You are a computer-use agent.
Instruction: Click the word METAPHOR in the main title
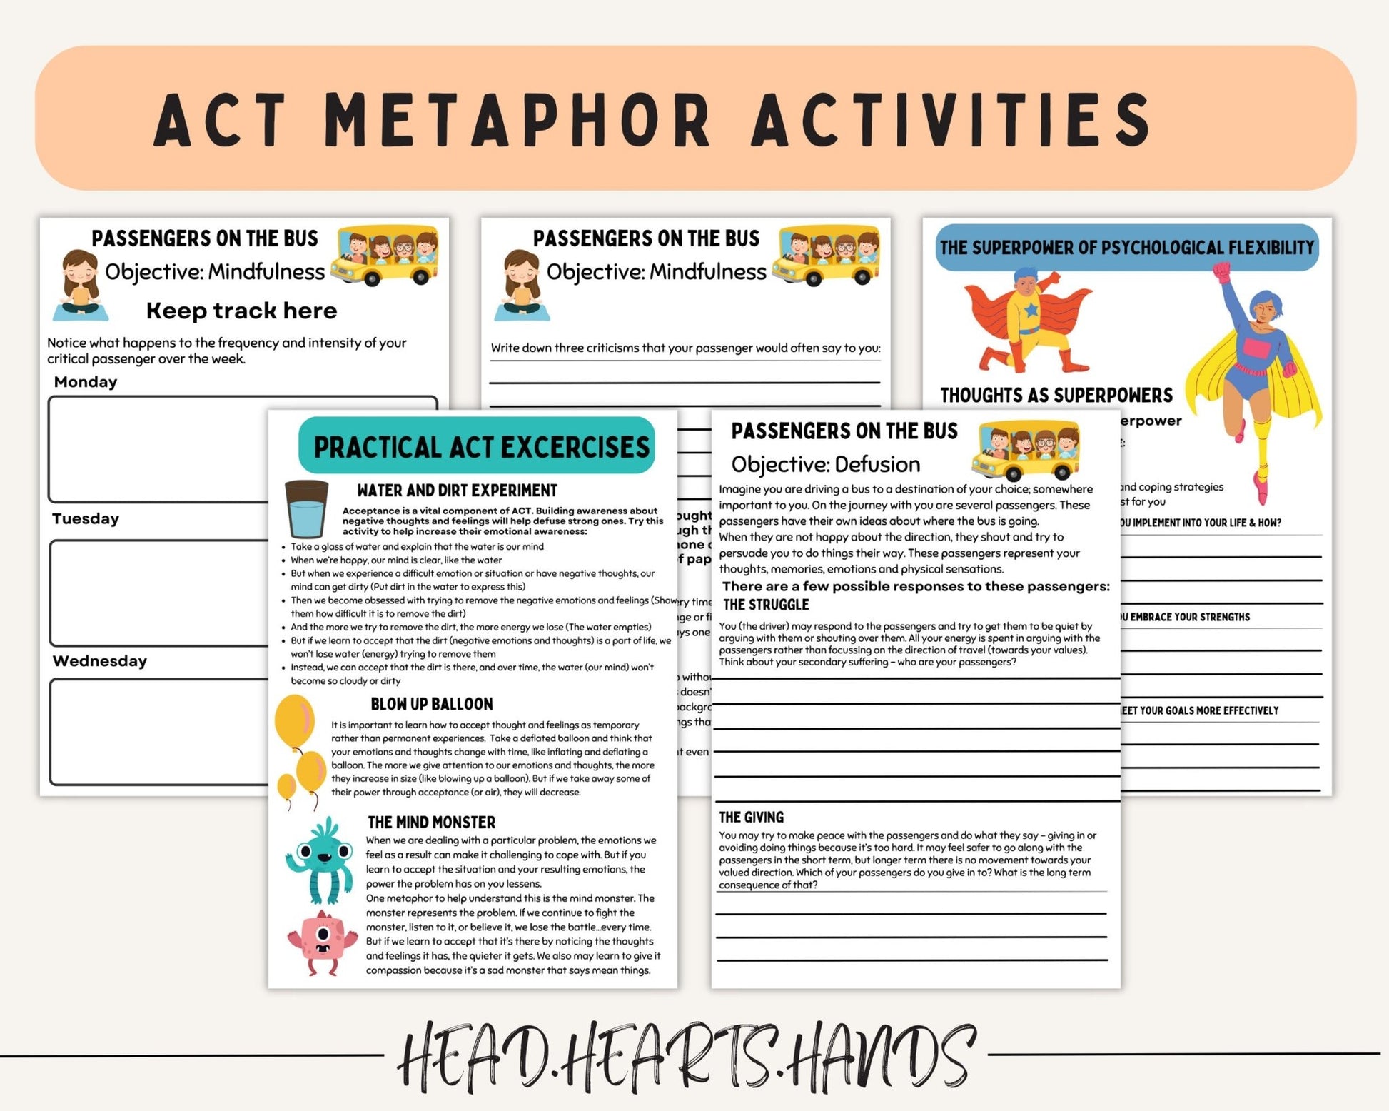pyautogui.click(x=517, y=119)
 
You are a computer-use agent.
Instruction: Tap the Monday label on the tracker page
pyautogui.click(x=86, y=382)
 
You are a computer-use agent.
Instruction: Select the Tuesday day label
pyautogui.click(x=86, y=519)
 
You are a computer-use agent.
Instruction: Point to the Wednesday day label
pyautogui.click(x=100, y=661)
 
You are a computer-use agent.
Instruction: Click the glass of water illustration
pyautogui.click(x=306, y=509)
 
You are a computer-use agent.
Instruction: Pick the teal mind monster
pyautogui.click(x=320, y=859)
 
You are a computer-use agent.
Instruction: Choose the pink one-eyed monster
pyautogui.click(x=322, y=942)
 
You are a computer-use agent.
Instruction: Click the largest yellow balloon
pyautogui.click(x=294, y=721)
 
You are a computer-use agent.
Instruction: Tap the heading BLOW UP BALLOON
pyautogui.click(x=431, y=704)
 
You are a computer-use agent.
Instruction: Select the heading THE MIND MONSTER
pyautogui.click(x=431, y=823)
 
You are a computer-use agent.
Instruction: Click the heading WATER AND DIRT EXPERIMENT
pyautogui.click(x=457, y=491)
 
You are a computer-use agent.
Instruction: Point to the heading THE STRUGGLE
pyautogui.click(x=766, y=605)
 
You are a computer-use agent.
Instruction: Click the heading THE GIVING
pyautogui.click(x=751, y=818)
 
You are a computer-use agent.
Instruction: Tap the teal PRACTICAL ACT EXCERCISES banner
pyautogui.click(x=478, y=447)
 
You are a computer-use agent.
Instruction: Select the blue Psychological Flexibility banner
pyautogui.click(x=1126, y=248)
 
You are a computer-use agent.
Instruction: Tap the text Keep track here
pyautogui.click(x=241, y=311)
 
